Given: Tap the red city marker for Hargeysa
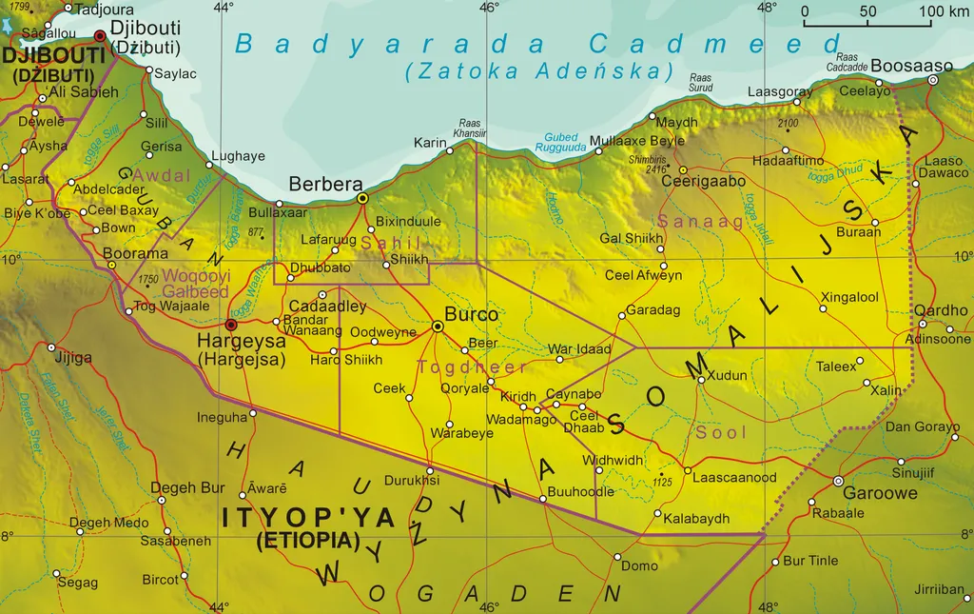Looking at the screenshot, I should coord(230,325).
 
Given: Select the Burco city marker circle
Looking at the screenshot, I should coord(438,327).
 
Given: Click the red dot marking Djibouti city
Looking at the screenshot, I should coord(100,36).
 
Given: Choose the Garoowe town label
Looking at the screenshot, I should coord(880,493).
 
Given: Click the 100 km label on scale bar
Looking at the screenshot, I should coord(945,11).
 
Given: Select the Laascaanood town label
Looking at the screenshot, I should coord(734,478).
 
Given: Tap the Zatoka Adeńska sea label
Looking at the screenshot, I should coord(538,70).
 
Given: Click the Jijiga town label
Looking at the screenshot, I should coord(73,358).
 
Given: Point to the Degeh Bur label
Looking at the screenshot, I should coord(187,488).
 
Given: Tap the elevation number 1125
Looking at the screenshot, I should coord(663,483).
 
